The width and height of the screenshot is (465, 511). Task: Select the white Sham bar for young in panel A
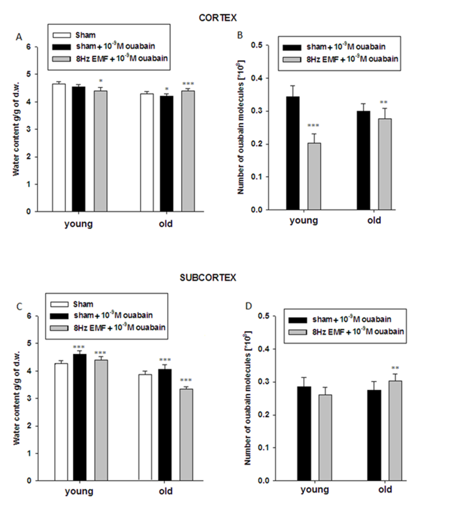[x=58, y=148]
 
